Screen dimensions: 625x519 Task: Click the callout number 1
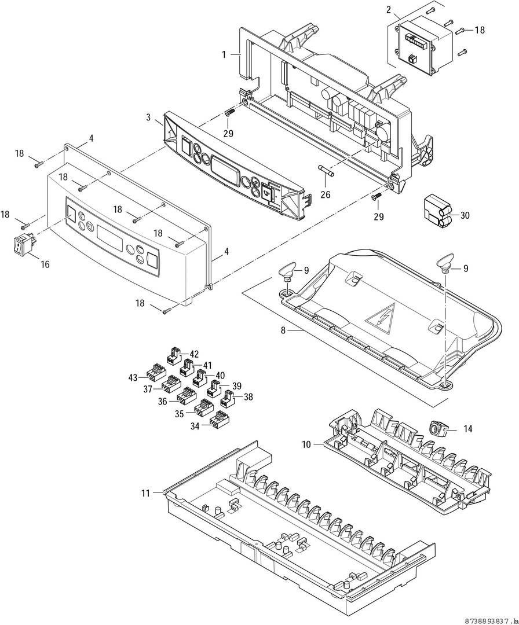pos(224,54)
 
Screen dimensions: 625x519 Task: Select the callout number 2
pos(389,10)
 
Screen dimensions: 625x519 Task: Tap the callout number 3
pos(149,117)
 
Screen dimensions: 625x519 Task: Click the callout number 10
pos(307,444)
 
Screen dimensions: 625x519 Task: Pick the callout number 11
pos(145,493)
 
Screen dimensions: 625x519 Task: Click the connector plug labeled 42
pos(174,354)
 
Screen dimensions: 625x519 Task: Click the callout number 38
pos(248,398)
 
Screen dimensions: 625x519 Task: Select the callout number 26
pos(326,195)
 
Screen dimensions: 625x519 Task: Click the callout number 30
pos(465,215)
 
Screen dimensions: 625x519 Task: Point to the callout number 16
pos(45,264)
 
